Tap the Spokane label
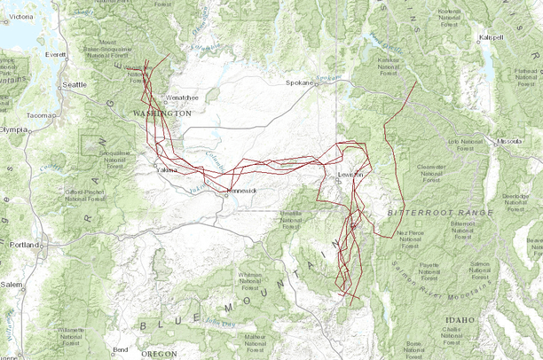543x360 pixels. click(299, 82)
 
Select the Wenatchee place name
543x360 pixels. click(184, 97)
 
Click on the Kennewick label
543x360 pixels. click(240, 191)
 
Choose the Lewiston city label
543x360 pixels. click(351, 175)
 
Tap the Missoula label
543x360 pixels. click(508, 141)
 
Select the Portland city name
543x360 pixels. click(23, 244)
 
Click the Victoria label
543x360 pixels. click(20, 17)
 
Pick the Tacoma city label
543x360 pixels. click(41, 115)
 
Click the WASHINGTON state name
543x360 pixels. click(162, 114)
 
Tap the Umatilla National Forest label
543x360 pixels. click(295, 219)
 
